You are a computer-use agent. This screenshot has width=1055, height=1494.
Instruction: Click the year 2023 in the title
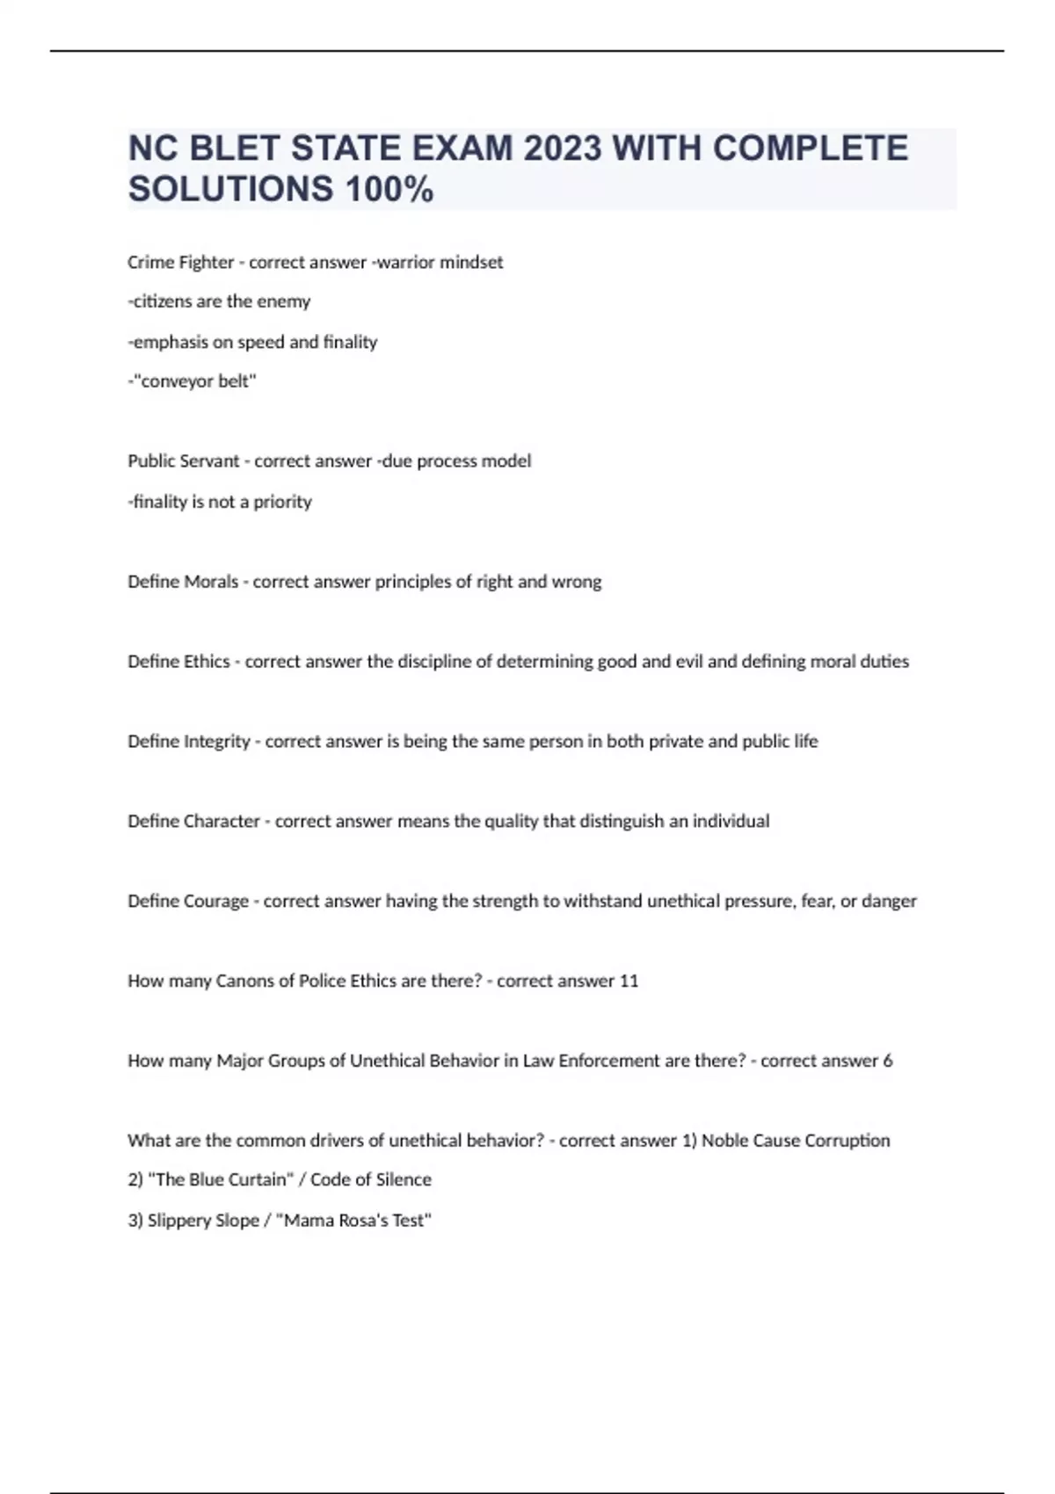(563, 149)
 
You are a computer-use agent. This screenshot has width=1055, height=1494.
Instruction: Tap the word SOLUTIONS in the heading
(230, 189)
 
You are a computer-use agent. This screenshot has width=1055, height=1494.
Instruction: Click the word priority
(282, 502)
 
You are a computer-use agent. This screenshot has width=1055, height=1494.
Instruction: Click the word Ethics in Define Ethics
(207, 662)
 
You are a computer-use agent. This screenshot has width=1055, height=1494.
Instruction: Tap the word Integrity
(217, 742)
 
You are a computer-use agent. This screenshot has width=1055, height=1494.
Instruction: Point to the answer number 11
(629, 981)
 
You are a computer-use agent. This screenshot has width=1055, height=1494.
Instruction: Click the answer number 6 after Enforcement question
(888, 1061)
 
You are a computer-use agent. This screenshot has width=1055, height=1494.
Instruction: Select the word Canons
(245, 981)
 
